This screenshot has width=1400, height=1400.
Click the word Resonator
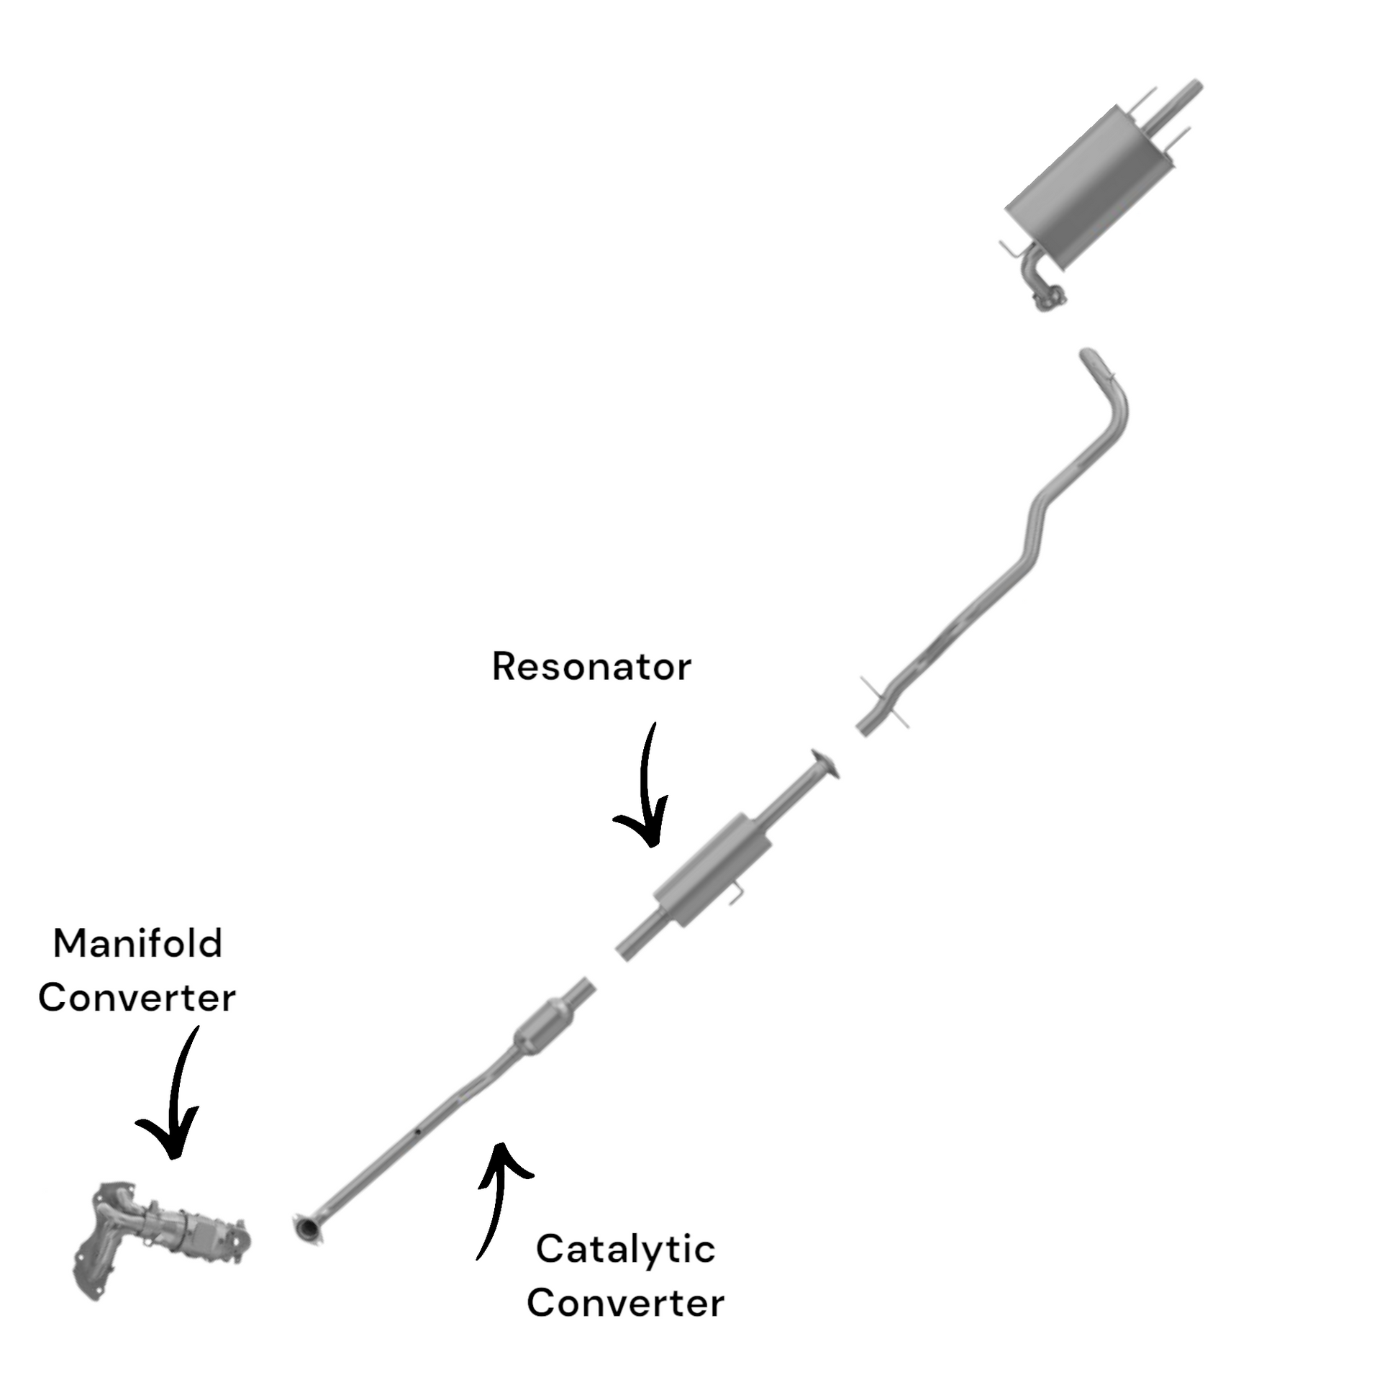pyautogui.click(x=591, y=667)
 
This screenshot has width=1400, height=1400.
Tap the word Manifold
pyautogui.click(x=137, y=944)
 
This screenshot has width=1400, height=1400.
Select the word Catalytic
pyautogui.click(x=625, y=1249)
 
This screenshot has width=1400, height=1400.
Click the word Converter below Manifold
pyautogui.click(x=137, y=998)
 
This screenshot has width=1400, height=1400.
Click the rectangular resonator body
pyautogui.click(x=712, y=870)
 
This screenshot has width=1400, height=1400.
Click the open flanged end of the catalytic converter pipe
pyautogui.click(x=309, y=1229)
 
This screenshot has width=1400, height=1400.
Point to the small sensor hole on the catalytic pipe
pyautogui.click(x=419, y=1131)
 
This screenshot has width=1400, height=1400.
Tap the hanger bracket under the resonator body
pyautogui.click(x=735, y=895)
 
